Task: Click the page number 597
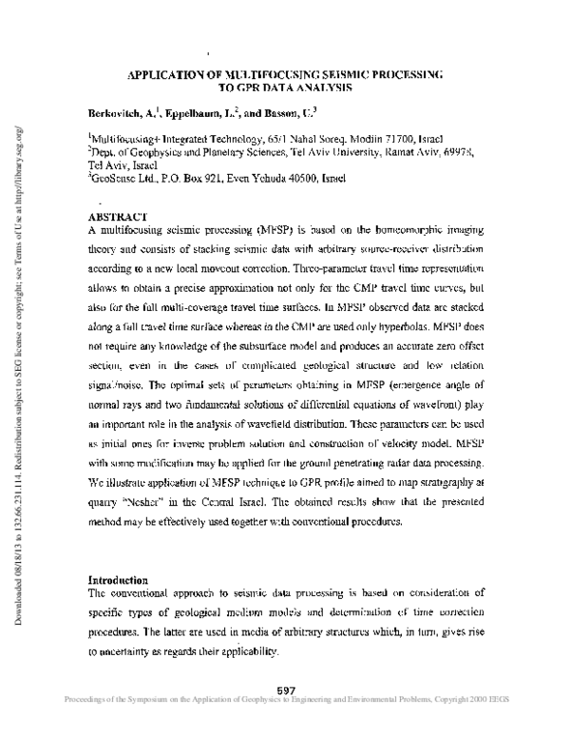point(288,687)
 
